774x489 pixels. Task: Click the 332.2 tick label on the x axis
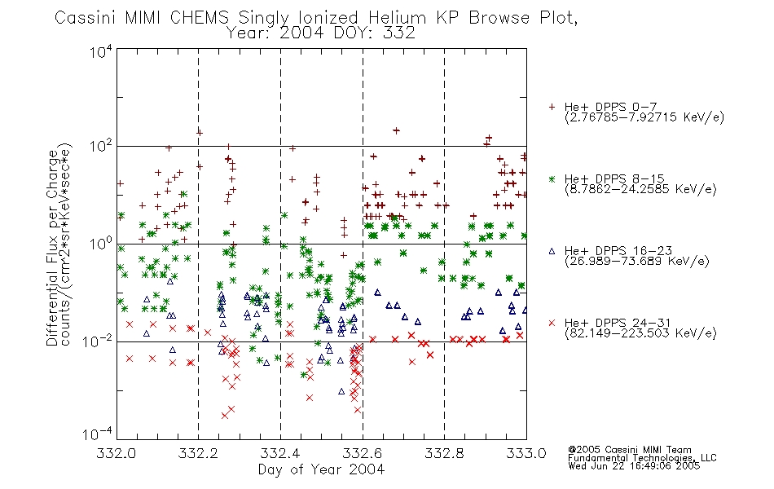198,453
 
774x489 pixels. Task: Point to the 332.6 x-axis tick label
363,453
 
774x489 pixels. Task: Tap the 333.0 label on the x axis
526,453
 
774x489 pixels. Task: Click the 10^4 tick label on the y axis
101,51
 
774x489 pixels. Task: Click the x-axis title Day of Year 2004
321,469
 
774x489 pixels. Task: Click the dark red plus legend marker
552,107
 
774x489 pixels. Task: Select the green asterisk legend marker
552,178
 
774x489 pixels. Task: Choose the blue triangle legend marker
552,251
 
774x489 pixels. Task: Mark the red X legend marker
552,323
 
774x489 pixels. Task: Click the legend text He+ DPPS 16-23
618,251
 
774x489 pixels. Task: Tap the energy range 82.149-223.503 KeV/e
640,333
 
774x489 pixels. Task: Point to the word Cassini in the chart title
85,18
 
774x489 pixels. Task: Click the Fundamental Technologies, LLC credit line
642,458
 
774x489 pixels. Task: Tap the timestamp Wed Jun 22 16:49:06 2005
634,465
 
